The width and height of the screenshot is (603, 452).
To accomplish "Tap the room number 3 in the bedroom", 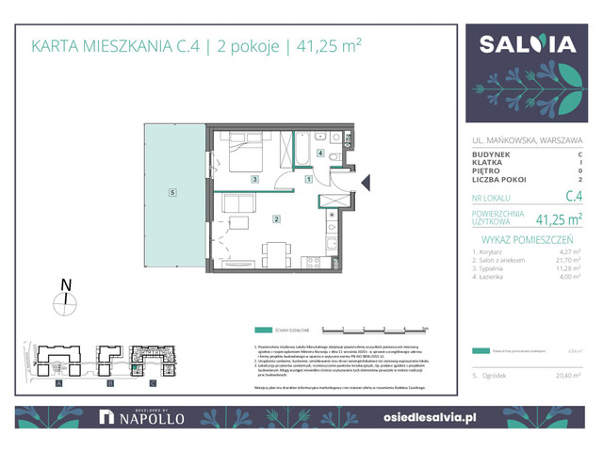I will (254, 179).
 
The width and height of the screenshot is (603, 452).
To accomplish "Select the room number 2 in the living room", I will (275, 220).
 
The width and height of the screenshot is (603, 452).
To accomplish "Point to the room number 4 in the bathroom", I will (320, 153).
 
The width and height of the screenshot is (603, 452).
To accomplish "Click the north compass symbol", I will (66, 299).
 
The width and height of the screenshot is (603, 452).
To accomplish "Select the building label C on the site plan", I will (154, 385).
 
